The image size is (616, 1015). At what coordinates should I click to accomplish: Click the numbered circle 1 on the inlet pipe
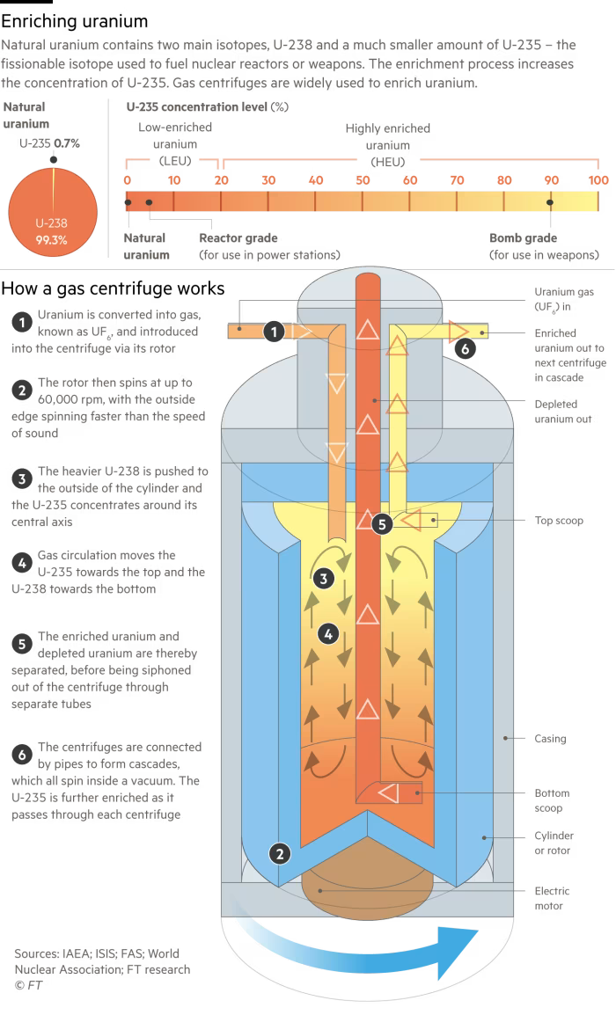(275, 332)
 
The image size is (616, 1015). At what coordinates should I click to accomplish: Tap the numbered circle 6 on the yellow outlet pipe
(467, 348)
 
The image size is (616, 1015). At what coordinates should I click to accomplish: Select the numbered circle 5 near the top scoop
(380, 523)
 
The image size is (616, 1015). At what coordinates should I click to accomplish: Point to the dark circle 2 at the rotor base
(279, 853)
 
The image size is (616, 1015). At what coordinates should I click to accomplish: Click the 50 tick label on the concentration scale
(363, 180)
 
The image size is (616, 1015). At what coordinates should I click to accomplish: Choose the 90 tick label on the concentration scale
(551, 180)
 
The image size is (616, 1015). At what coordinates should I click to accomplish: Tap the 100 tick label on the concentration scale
(598, 180)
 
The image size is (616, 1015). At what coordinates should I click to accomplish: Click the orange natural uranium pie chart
(51, 211)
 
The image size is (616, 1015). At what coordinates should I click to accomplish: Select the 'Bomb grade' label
(523, 238)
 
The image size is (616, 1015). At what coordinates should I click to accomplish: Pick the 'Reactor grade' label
(238, 238)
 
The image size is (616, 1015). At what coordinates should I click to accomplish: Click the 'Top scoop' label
(559, 521)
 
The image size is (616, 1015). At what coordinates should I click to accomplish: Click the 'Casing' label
(549, 739)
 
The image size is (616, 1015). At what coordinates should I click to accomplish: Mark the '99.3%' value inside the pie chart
(51, 239)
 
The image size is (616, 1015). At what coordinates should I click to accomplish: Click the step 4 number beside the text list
(21, 562)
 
